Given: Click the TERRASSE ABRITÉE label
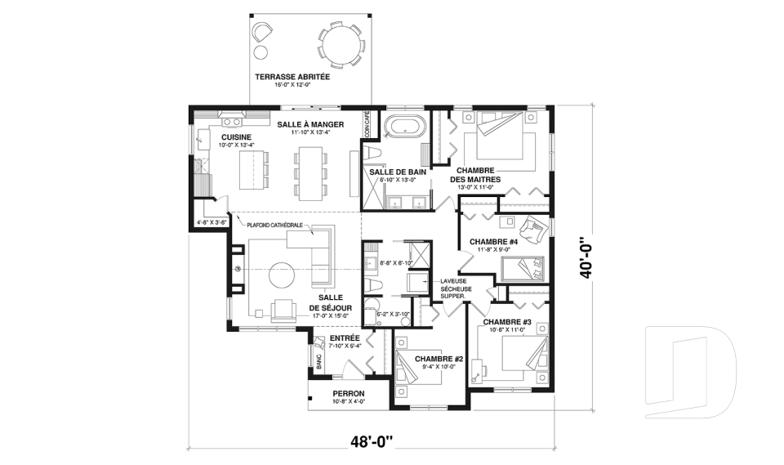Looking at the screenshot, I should [x=292, y=77].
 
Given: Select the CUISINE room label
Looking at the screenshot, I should [x=235, y=136].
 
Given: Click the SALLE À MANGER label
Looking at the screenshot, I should [x=309, y=124].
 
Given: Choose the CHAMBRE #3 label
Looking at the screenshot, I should [x=507, y=323].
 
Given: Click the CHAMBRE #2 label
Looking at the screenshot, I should [x=439, y=359].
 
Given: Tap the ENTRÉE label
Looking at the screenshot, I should [x=345, y=338].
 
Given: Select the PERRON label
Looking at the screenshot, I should [x=348, y=393].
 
